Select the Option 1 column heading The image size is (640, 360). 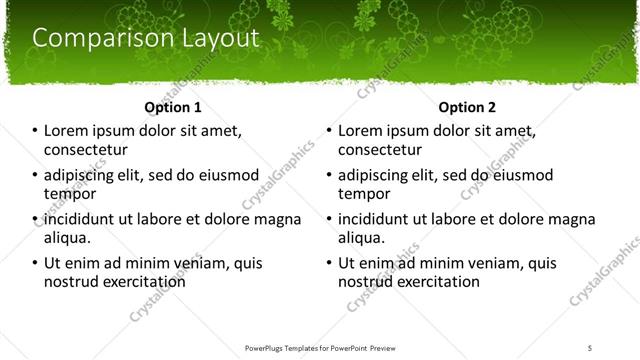click(x=173, y=107)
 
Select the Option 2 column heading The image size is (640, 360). click(x=467, y=107)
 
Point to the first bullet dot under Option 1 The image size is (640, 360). click(x=34, y=131)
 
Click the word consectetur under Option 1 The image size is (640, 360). click(x=85, y=150)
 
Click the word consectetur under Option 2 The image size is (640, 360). click(x=379, y=150)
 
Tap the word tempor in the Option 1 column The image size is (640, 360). click(x=68, y=194)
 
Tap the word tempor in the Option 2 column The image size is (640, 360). click(x=362, y=194)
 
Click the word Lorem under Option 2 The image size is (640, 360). click(x=362, y=131)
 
